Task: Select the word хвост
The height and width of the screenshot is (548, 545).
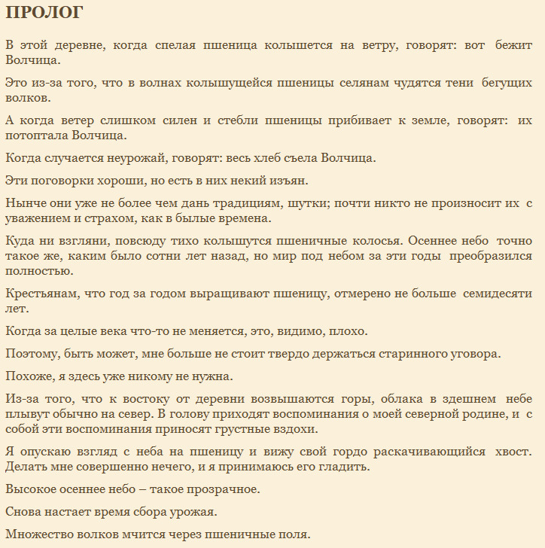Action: [x=513, y=452]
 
